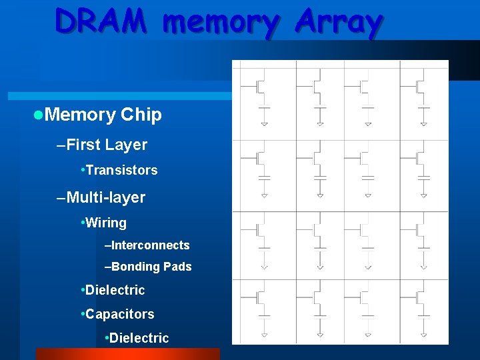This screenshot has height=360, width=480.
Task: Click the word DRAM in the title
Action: coord(101,21)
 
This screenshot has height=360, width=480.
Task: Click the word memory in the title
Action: coord(219,23)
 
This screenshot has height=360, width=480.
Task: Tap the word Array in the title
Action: coord(339,23)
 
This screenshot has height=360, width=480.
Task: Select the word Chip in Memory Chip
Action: coord(141,115)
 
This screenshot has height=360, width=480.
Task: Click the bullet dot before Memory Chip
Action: coord(38,115)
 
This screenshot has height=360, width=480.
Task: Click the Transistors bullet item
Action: coord(121,170)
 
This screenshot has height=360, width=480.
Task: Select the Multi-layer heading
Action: coord(105,197)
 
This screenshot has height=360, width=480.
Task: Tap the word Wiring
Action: coord(106,223)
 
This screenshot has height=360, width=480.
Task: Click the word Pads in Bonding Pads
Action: coord(177,267)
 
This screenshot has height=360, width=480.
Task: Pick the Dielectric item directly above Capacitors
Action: coord(115,290)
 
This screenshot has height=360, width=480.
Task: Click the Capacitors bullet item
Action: coord(119,314)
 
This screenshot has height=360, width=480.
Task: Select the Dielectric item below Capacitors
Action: coord(139,338)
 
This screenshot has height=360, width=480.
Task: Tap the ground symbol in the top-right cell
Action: coord(423,123)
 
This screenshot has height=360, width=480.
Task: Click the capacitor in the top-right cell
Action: coord(423,107)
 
